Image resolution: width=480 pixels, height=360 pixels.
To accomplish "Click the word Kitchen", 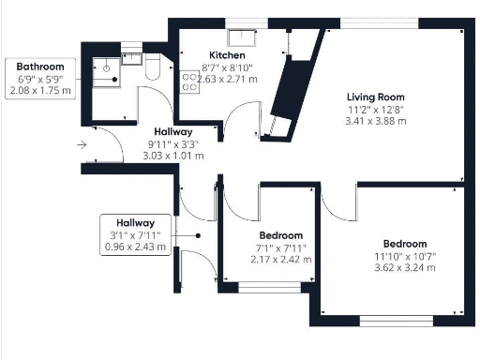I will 227,55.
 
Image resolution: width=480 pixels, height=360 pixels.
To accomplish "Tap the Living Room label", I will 375,97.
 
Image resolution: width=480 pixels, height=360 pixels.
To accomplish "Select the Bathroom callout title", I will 39,67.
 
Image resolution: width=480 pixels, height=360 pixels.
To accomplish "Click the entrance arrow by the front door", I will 83,144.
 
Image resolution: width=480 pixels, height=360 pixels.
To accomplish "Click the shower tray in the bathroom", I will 106,68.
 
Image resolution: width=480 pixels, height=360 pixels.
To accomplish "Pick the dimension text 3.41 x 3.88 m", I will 375,121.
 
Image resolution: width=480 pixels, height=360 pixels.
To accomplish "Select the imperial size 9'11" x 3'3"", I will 172,144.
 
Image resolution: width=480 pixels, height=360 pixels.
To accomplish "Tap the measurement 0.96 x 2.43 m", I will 136,247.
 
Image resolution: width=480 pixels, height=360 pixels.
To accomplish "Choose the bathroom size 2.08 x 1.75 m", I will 39,91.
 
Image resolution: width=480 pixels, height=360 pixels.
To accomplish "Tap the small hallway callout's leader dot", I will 198,235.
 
